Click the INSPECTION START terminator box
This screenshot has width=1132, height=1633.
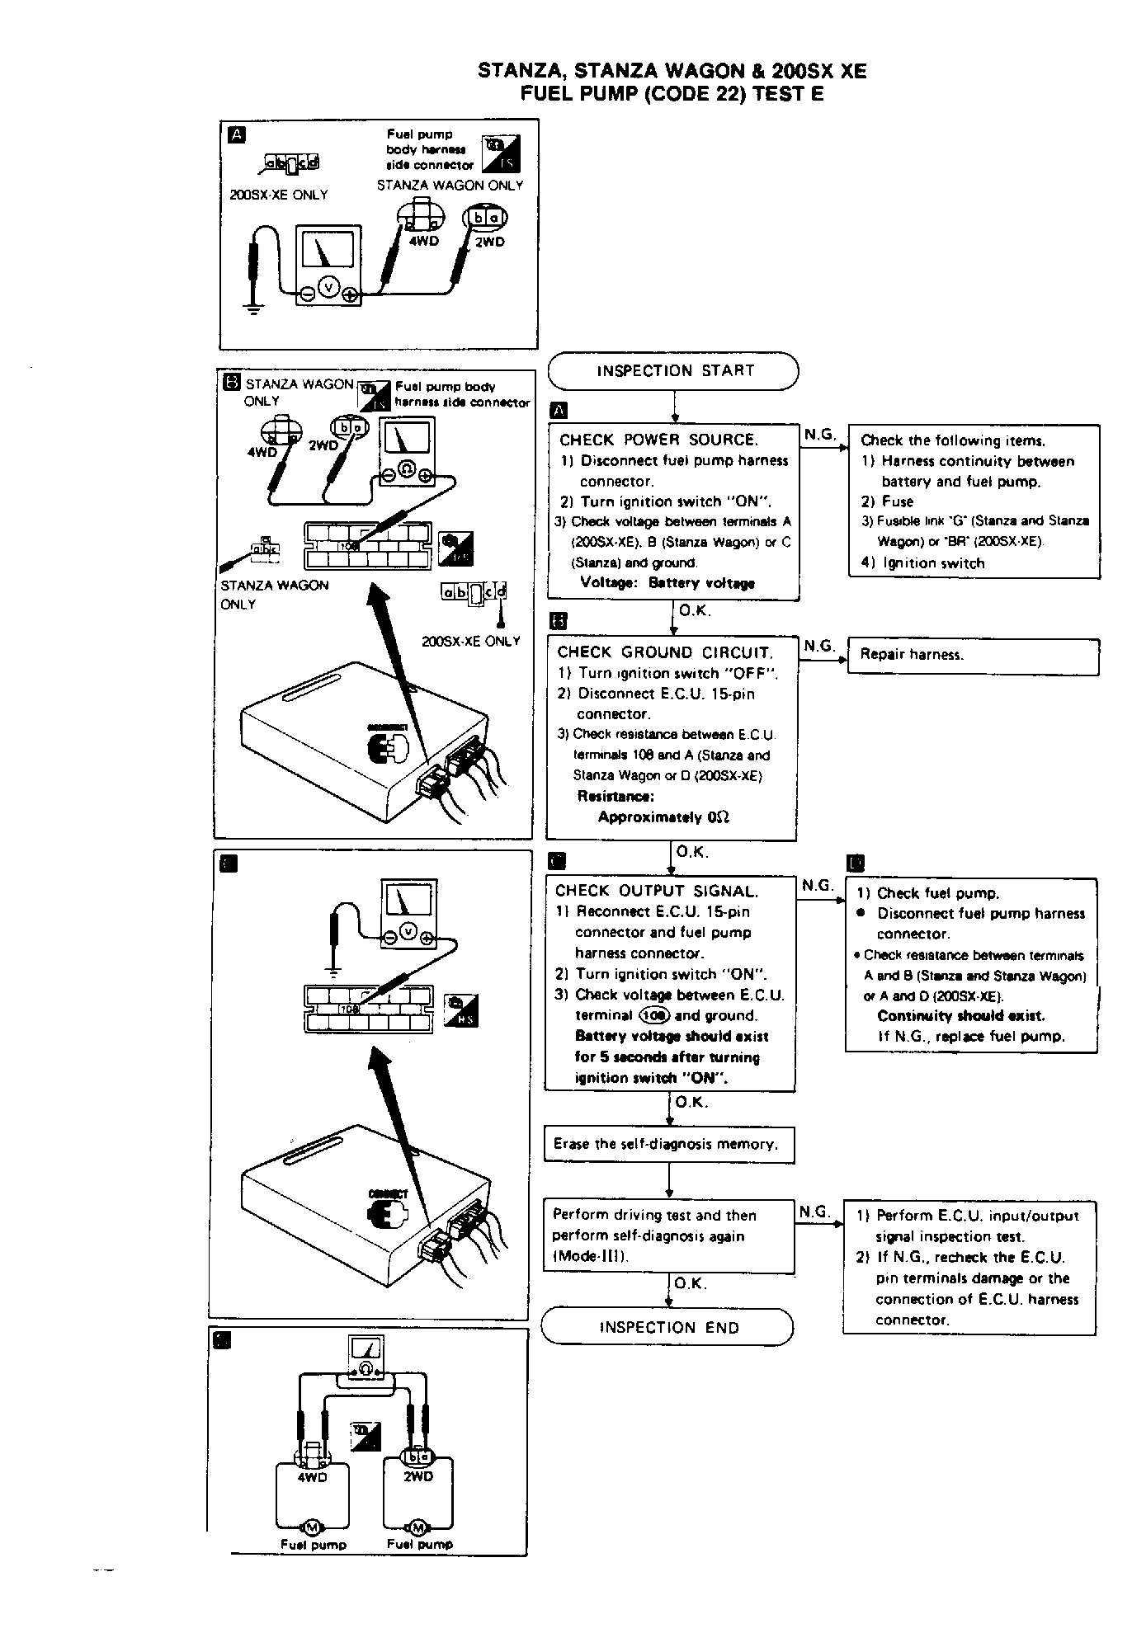(x=674, y=371)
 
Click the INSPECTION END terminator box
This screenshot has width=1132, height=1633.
(x=667, y=1327)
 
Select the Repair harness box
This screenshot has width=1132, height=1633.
(x=974, y=656)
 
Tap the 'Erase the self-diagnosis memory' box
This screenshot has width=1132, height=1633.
(x=668, y=1145)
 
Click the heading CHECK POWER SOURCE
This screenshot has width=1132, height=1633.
(x=658, y=440)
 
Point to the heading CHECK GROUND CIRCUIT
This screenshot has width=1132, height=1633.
(x=664, y=652)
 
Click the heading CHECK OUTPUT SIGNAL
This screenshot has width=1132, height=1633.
(x=656, y=891)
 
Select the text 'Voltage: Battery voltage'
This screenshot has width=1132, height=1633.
(x=667, y=583)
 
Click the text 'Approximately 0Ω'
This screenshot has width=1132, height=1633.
(x=663, y=817)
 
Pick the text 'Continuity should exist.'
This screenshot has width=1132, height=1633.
(x=961, y=1016)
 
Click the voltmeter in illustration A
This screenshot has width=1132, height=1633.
(x=328, y=259)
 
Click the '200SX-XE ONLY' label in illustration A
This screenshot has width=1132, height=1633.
(x=279, y=195)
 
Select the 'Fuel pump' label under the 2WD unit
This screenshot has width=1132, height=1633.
(x=420, y=1544)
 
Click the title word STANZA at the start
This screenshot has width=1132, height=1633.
(x=517, y=72)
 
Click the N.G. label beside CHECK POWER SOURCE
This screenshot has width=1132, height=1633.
(x=818, y=435)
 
